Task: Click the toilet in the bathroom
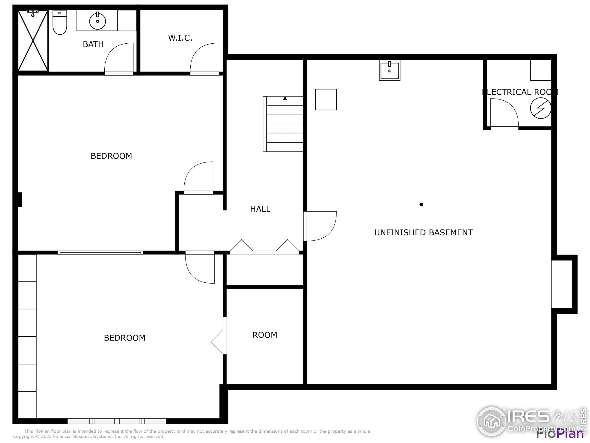[x=60, y=24]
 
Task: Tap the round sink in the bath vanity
[x=97, y=21]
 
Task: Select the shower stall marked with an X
[x=33, y=41]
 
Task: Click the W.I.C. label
[x=180, y=38]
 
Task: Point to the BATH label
[x=93, y=44]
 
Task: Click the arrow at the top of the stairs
[x=285, y=99]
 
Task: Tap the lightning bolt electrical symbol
[x=540, y=108]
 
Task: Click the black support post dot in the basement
[x=421, y=205]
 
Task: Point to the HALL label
[x=260, y=209]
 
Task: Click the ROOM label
[x=265, y=335]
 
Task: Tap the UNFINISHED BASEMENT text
[x=423, y=233]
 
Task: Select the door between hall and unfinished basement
[x=320, y=226]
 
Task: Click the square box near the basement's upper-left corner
[x=326, y=100]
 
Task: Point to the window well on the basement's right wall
[x=562, y=284]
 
